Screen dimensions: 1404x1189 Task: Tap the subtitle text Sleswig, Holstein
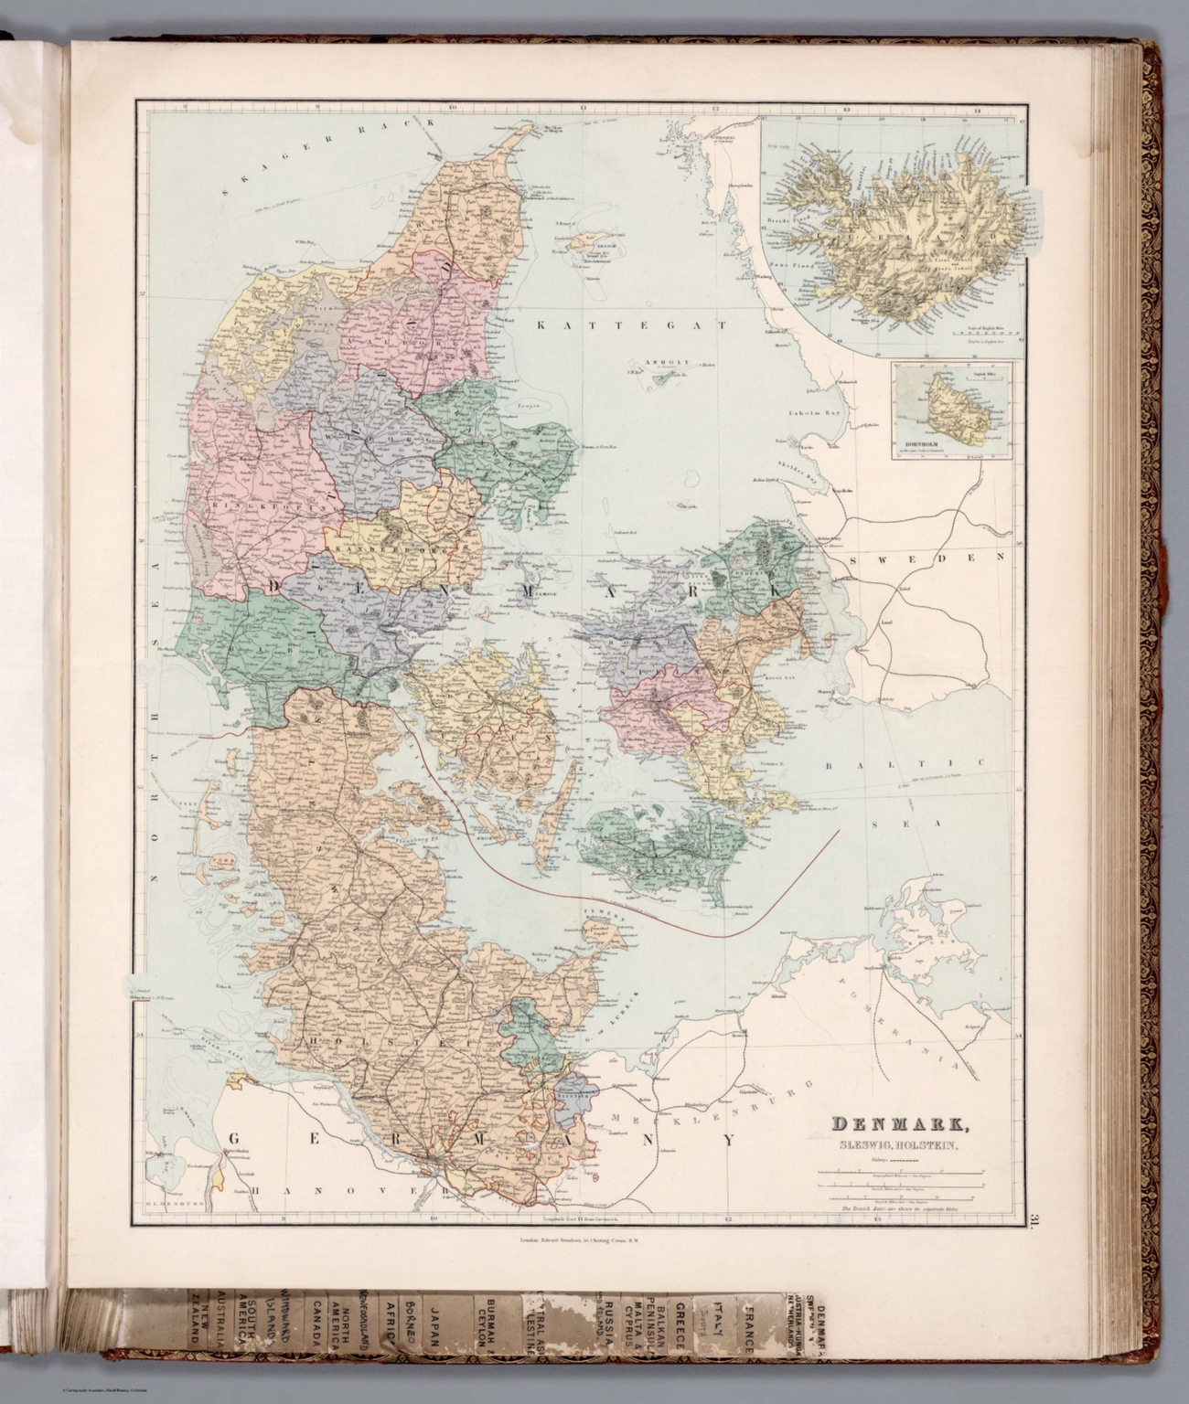pos(895,1148)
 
